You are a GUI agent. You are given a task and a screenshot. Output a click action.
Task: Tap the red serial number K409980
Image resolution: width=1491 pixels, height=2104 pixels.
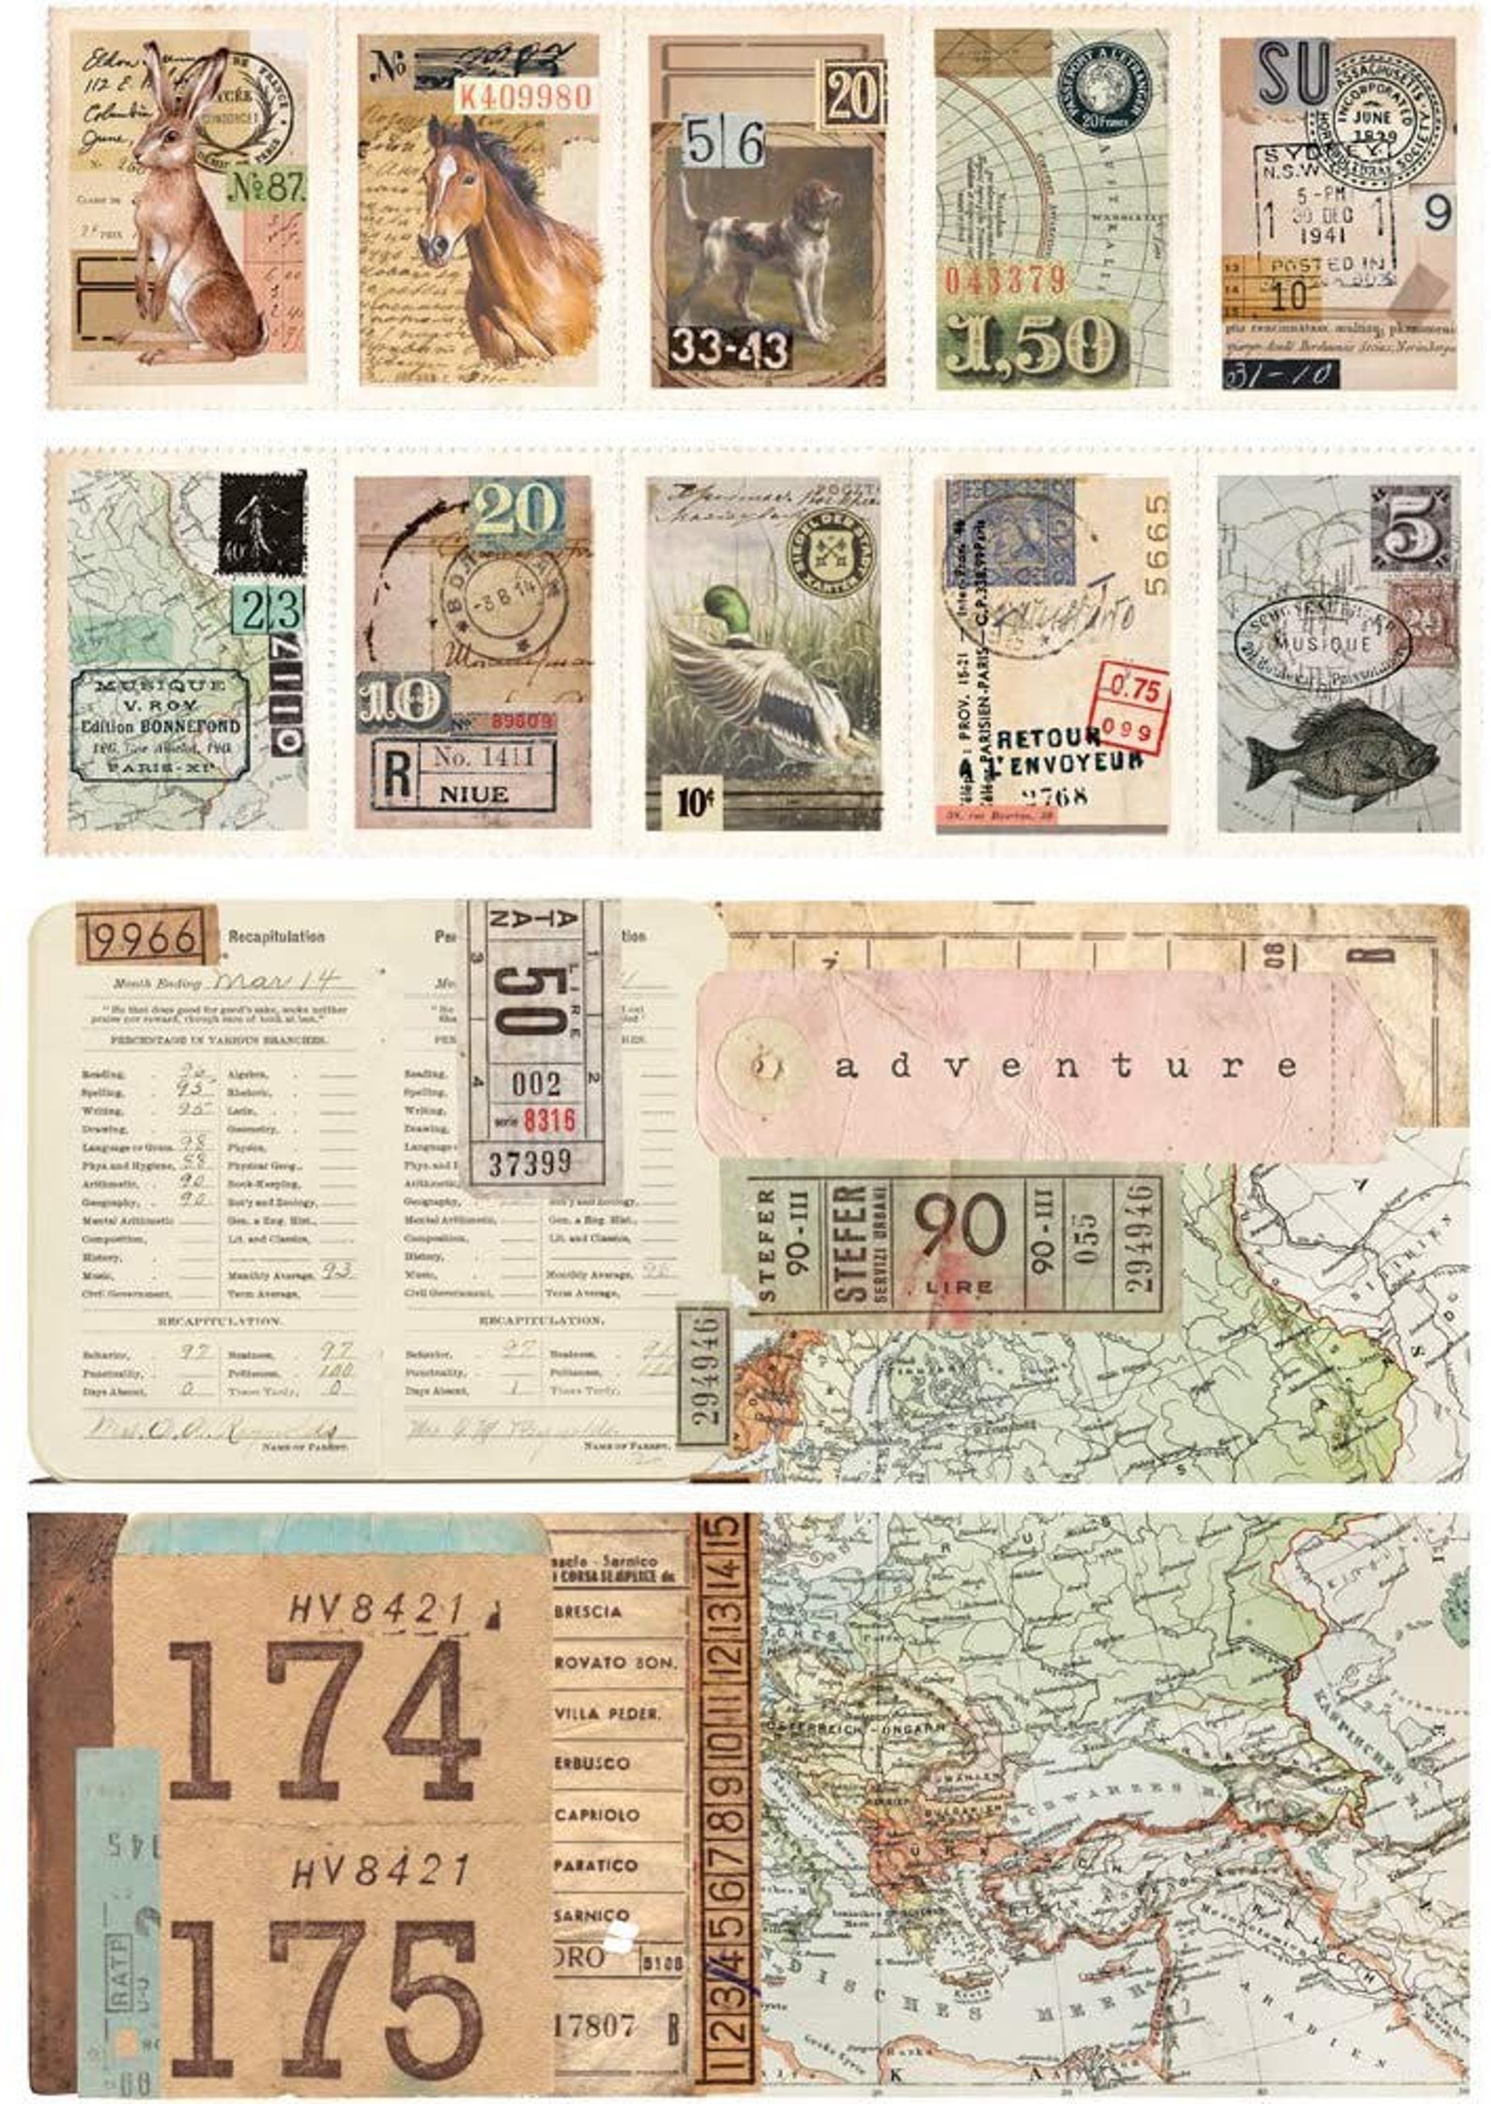click(524, 96)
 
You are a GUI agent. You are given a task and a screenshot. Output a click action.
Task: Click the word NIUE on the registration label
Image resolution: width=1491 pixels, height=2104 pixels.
click(472, 795)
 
